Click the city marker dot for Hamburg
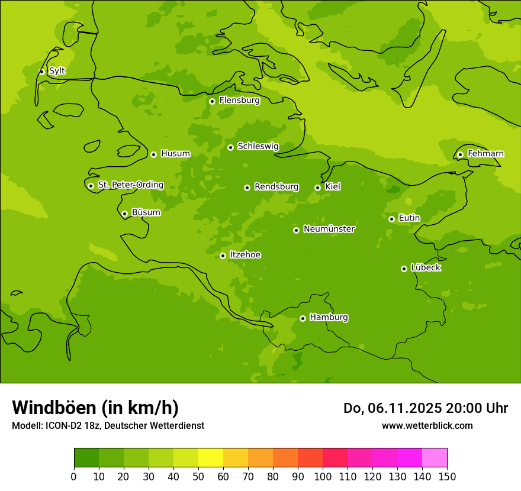[303, 318]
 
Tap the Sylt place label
[57, 71]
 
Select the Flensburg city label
[239, 101]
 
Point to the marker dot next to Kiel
[317, 188]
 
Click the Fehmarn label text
[485, 154]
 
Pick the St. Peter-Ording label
[131, 185]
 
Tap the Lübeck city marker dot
[404, 269]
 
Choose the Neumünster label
[329, 229]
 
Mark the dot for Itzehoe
[223, 256]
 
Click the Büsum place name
[146, 212]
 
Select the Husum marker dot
[153, 154]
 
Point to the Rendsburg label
[276, 187]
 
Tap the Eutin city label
[409, 218]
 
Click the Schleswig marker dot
[230, 147]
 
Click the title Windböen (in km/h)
[95, 408]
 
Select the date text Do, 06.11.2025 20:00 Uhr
[425, 408]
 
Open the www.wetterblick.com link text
[427, 425]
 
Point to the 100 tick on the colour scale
[323, 476]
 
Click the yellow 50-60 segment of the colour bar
[211, 458]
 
